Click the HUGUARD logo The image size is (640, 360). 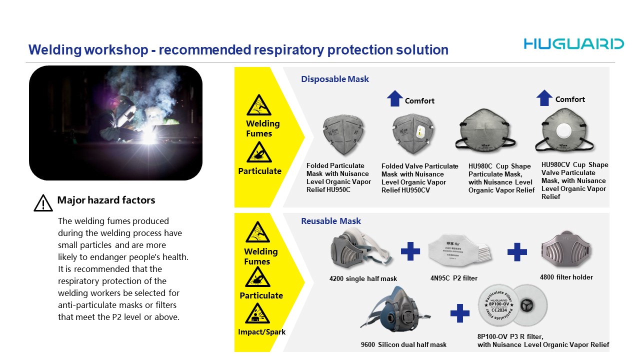(573, 44)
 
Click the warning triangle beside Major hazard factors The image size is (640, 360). (43, 202)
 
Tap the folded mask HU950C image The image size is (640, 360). (343, 135)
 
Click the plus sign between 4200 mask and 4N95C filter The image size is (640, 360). (410, 251)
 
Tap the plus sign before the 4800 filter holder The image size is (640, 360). (517, 252)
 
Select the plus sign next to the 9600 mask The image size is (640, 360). (459, 313)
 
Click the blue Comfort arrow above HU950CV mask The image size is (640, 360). (394, 98)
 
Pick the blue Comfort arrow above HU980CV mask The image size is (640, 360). (544, 98)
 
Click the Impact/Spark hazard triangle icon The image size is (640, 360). (257, 313)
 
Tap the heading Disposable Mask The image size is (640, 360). (335, 79)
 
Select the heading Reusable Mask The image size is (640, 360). (331, 221)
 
